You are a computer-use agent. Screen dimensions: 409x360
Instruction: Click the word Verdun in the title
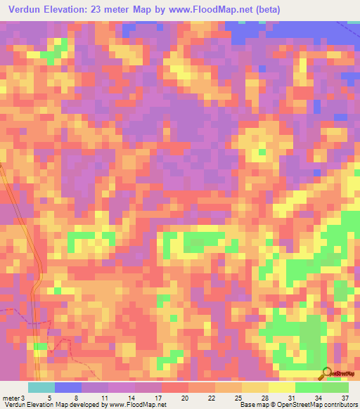click(x=23, y=10)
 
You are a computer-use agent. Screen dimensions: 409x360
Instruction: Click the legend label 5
click(x=49, y=398)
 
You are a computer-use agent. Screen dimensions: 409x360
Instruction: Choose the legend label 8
click(x=76, y=398)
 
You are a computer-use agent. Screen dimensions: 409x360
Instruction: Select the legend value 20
click(x=184, y=398)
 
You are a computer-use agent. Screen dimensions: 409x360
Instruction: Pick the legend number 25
click(x=238, y=398)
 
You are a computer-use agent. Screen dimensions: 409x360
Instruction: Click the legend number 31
click(x=292, y=398)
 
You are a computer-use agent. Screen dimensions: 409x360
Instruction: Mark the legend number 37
click(x=345, y=398)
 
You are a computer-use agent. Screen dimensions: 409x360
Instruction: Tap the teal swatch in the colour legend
click(x=41, y=387)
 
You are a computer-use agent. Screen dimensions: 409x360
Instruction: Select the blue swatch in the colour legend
click(x=68, y=387)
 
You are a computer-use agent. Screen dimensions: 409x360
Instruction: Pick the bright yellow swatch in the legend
click(x=281, y=387)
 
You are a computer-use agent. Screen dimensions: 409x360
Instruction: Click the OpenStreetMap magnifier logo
click(x=326, y=374)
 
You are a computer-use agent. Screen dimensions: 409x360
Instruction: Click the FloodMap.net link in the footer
click(x=143, y=405)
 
